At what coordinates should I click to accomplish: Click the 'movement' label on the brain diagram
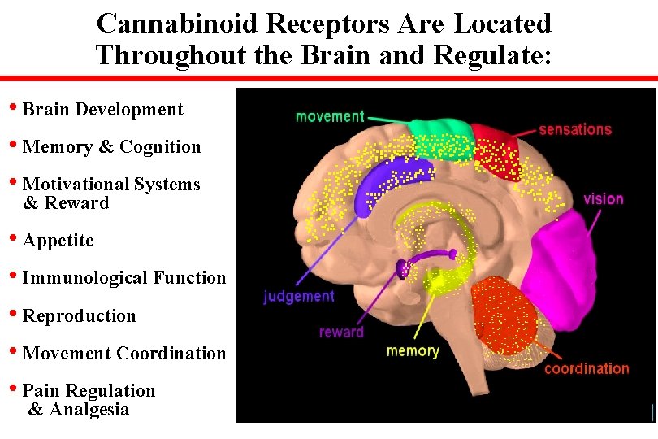330,116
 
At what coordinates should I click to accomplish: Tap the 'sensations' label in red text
574,129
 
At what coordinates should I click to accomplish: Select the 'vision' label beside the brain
604,198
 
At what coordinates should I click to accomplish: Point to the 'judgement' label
298,297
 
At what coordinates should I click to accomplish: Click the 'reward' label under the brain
341,332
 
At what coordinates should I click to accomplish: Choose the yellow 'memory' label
413,351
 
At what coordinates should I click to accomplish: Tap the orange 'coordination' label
587,369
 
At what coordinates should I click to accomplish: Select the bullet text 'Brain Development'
103,110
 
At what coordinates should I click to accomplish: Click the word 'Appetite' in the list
58,241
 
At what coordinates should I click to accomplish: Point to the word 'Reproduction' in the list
80,315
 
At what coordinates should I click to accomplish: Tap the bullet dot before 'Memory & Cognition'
14,146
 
